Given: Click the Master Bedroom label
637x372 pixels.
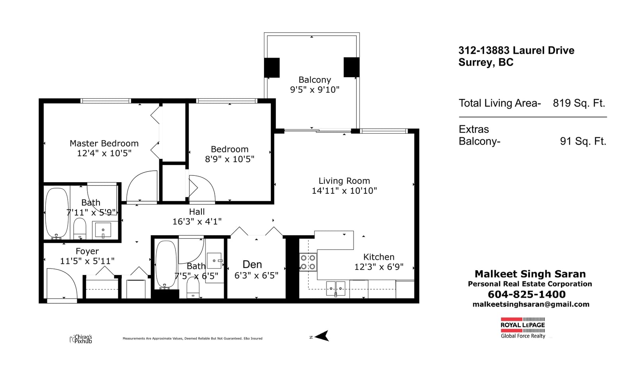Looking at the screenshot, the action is pyautogui.click(x=104, y=143).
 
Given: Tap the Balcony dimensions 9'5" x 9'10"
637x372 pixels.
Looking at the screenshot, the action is pyautogui.click(x=315, y=90).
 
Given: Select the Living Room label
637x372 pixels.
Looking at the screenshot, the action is pyautogui.click(x=344, y=181).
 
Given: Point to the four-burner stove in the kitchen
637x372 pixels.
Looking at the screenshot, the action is pyautogui.click(x=308, y=262).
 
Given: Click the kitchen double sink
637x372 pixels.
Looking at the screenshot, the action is pyautogui.click(x=336, y=288).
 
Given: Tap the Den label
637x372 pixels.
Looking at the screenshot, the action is pyautogui.click(x=252, y=265).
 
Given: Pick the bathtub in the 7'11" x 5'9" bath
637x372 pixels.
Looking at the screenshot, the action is pyautogui.click(x=57, y=213).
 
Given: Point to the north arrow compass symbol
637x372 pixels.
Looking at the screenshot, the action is pyautogui.click(x=322, y=336).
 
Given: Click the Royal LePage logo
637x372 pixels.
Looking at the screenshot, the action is pyautogui.click(x=523, y=328).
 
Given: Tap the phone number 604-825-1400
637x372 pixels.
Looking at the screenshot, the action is pyautogui.click(x=527, y=294).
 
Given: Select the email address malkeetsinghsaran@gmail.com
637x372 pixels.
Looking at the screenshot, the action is pyautogui.click(x=531, y=304).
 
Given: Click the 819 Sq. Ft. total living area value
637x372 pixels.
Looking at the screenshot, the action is pyautogui.click(x=579, y=103).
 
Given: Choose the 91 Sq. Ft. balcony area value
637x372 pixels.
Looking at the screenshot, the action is pyautogui.click(x=583, y=141).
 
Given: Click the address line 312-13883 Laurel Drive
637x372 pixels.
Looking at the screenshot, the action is pyautogui.click(x=516, y=51).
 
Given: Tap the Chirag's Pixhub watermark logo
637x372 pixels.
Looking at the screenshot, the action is pyautogui.click(x=81, y=339).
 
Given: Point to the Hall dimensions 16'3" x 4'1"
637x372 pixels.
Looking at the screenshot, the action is pyautogui.click(x=197, y=222).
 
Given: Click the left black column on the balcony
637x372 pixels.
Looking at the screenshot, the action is pyautogui.click(x=272, y=68).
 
